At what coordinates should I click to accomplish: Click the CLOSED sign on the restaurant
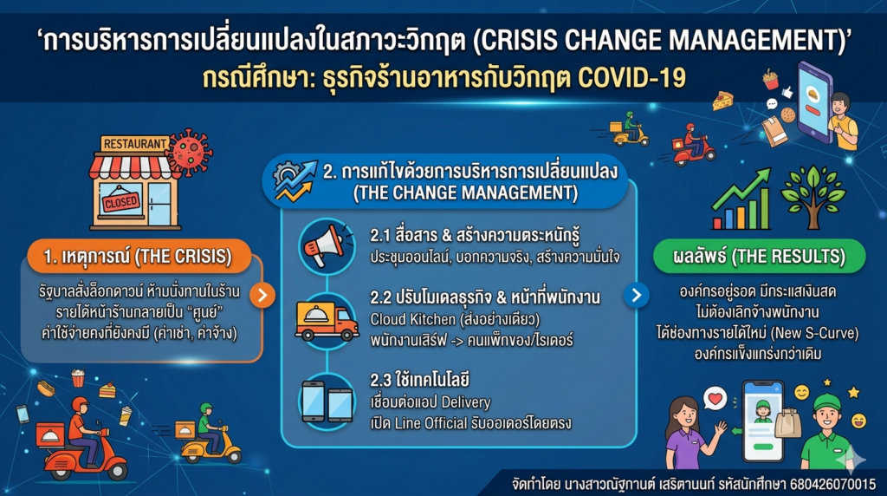(x=120, y=201)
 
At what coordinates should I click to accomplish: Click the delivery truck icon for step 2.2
(x=327, y=321)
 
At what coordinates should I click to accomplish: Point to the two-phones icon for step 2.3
(x=327, y=401)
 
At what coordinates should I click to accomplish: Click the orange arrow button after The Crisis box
(x=262, y=295)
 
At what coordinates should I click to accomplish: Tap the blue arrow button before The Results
(x=637, y=295)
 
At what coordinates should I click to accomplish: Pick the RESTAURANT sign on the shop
(x=134, y=144)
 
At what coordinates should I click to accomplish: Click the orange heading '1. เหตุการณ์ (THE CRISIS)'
(x=138, y=256)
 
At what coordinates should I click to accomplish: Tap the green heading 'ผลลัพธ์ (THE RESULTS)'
(x=759, y=256)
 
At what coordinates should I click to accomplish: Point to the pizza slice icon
(x=722, y=101)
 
